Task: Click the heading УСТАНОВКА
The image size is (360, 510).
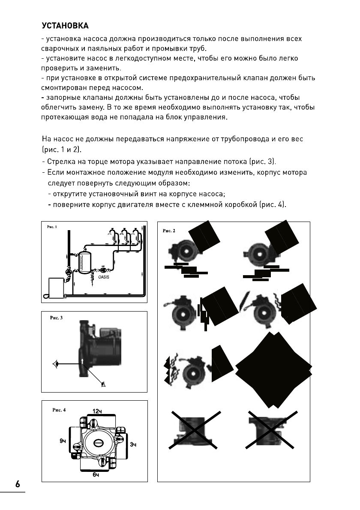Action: point(65,25)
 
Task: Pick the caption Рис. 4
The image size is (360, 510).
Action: point(58,409)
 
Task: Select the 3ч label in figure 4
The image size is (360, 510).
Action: point(133,444)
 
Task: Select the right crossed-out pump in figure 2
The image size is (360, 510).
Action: point(273,430)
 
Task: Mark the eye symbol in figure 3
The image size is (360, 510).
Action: point(56,364)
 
